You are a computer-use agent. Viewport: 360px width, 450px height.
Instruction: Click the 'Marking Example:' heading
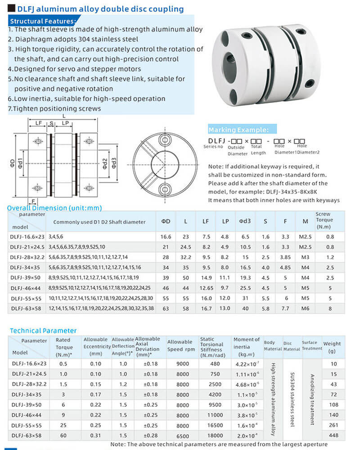click(238, 130)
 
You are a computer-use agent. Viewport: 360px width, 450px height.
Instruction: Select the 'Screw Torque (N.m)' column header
click(324, 220)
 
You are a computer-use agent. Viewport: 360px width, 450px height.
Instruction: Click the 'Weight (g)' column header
click(332, 346)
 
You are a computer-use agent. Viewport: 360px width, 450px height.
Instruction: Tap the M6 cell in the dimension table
click(306, 308)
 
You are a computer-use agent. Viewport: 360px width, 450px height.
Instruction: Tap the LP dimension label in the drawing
click(66, 123)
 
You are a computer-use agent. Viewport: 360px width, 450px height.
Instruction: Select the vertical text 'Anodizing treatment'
click(312, 396)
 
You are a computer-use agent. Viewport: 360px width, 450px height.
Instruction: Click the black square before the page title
click(12, 9)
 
